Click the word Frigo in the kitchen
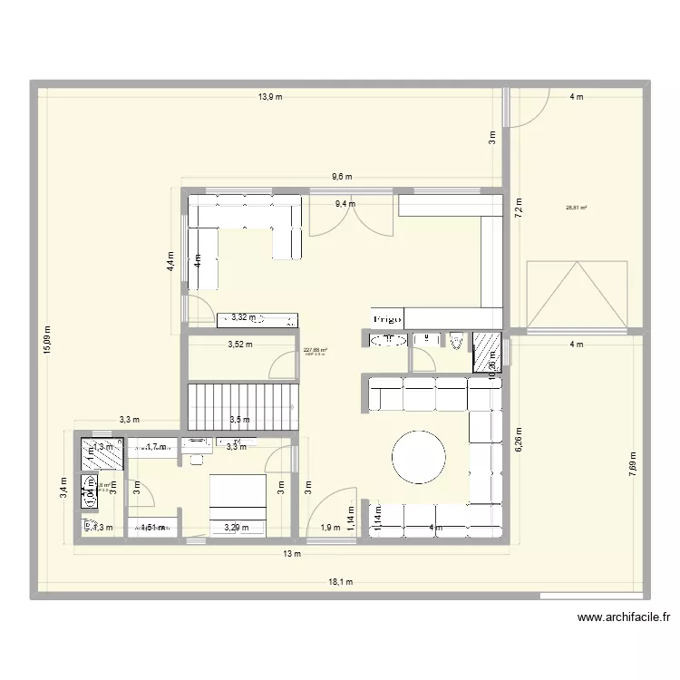click(387, 319)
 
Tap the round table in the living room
click(418, 457)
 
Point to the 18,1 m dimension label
click(341, 582)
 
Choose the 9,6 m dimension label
click(342, 177)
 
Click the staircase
click(242, 405)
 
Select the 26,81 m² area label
click(576, 208)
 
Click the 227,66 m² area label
click(316, 350)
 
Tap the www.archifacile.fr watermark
click(623, 618)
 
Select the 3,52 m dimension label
click(240, 344)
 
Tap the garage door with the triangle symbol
click(577, 293)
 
